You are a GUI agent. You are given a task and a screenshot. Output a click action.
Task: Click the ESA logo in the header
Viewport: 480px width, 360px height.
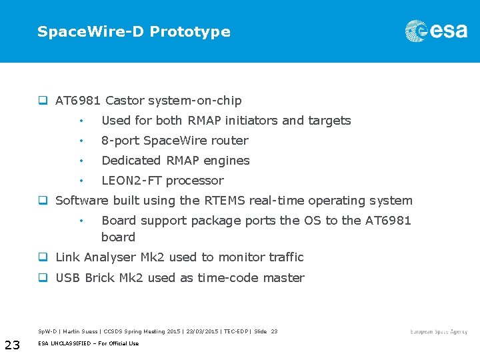436,31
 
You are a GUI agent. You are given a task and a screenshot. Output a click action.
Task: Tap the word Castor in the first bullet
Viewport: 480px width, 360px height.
125,101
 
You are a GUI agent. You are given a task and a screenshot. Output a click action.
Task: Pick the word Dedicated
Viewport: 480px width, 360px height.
131,161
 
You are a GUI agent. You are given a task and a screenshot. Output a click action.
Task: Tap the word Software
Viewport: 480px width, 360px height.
81,201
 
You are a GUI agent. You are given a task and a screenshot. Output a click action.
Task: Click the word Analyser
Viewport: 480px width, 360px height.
109,257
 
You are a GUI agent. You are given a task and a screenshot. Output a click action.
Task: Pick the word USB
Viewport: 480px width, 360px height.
68,278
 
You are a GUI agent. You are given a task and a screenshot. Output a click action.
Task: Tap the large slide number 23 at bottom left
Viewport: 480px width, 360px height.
12,345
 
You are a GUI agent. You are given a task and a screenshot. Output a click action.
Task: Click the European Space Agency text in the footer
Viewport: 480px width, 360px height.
439,332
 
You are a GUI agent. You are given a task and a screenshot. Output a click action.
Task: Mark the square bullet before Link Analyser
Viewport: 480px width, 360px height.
42,257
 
